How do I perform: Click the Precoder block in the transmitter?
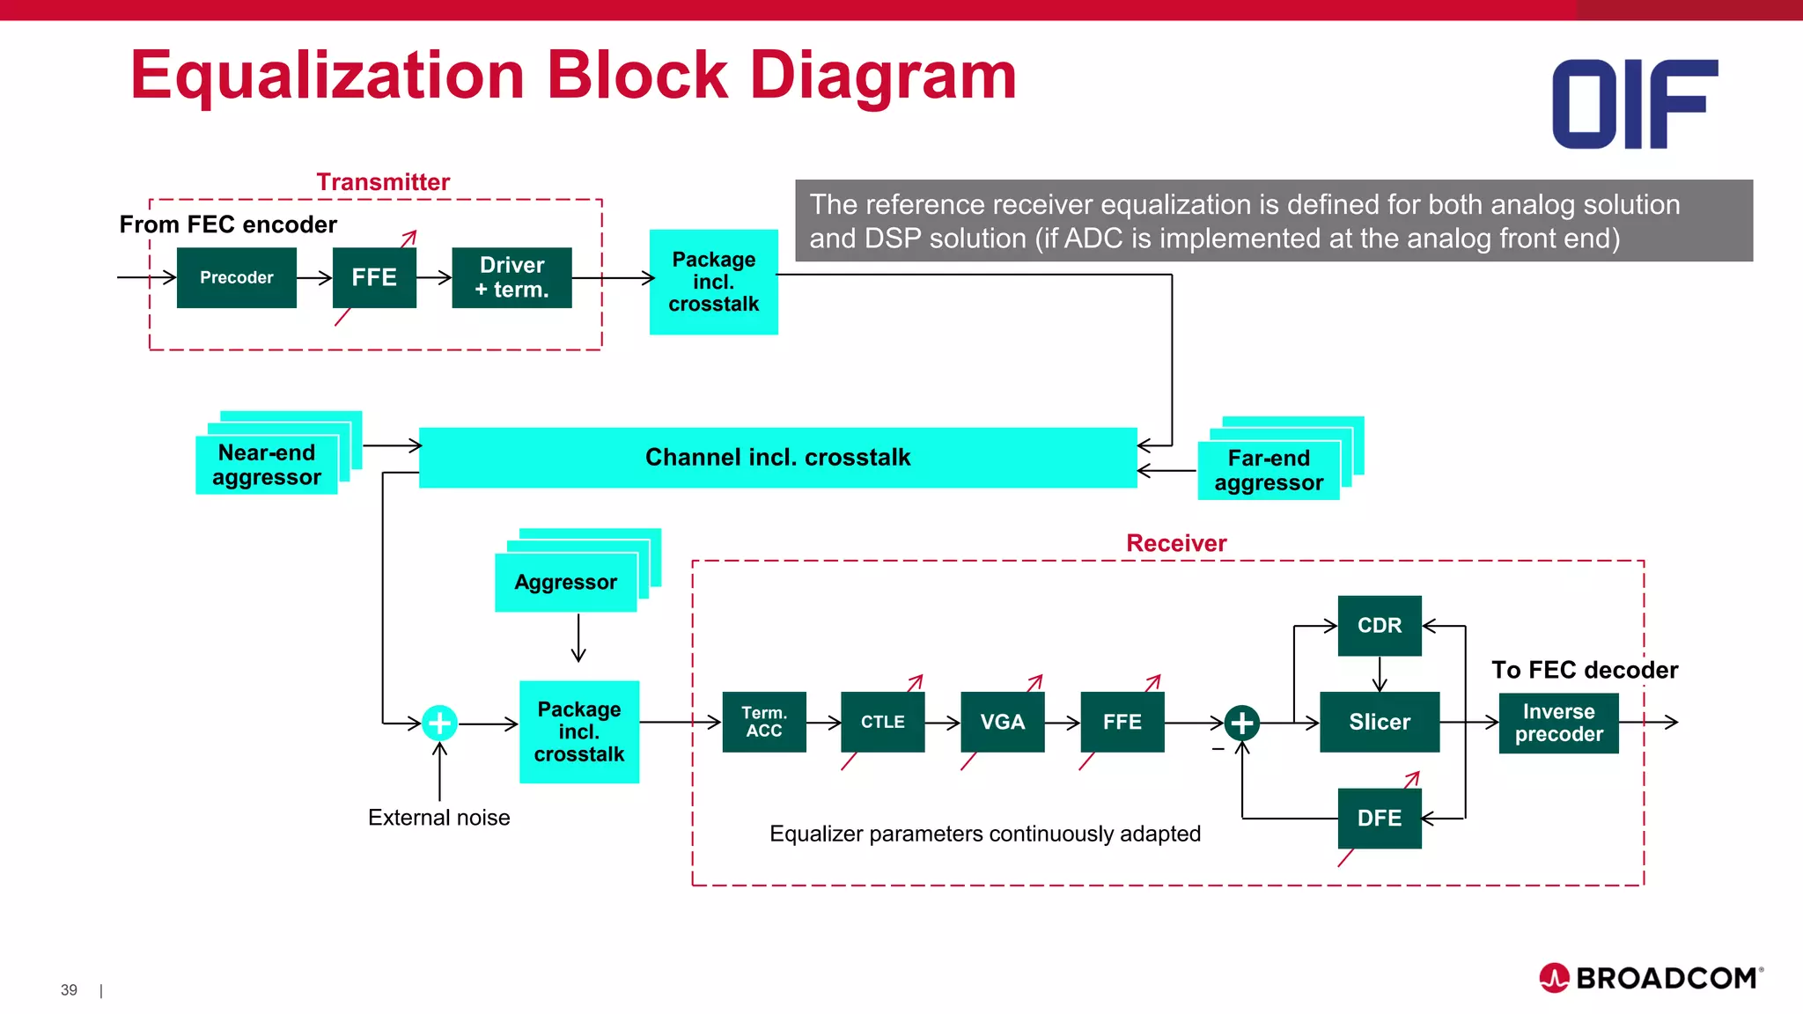click(x=236, y=277)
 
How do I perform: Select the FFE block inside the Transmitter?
click(x=374, y=277)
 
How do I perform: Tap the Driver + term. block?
click(x=511, y=277)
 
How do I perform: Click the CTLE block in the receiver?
click(x=882, y=722)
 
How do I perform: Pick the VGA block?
click(x=1002, y=722)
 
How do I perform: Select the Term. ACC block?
click(x=763, y=722)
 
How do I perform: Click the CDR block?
click(x=1379, y=625)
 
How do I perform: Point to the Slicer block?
click(x=1379, y=722)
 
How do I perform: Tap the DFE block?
click(x=1379, y=818)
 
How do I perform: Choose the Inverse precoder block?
click(x=1558, y=723)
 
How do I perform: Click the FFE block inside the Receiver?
click(x=1122, y=722)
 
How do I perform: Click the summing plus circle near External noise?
click(x=439, y=723)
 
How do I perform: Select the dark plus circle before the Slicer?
click(x=1241, y=723)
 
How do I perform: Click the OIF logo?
click(x=1634, y=104)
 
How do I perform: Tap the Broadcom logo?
click(x=1651, y=978)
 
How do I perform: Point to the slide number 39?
click(x=69, y=990)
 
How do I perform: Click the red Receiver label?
click(x=1175, y=543)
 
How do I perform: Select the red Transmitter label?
click(x=383, y=182)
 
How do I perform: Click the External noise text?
click(x=438, y=818)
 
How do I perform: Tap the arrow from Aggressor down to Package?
click(x=578, y=639)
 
